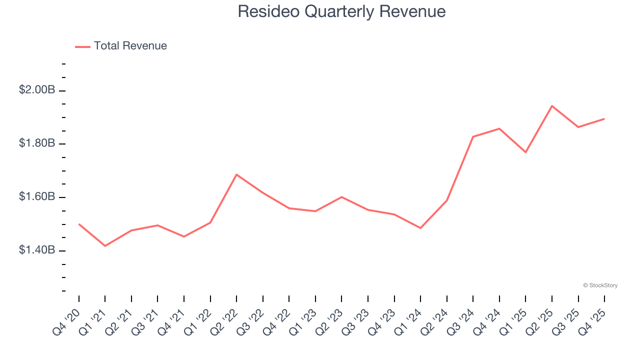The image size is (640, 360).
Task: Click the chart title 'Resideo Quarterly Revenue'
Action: click(x=341, y=11)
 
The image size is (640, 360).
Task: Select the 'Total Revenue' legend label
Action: click(x=130, y=46)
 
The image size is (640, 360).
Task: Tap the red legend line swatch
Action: click(x=82, y=46)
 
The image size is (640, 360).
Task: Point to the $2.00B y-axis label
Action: click(x=36, y=90)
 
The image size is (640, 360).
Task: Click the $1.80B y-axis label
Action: click(x=36, y=144)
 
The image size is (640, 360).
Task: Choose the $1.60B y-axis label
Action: click(x=36, y=197)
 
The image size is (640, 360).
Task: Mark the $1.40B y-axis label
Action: click(x=36, y=250)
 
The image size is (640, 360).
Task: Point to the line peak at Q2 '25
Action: click(x=552, y=106)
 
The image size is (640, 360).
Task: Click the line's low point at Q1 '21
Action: click(x=105, y=246)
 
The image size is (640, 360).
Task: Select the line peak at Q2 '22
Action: click(x=236, y=174)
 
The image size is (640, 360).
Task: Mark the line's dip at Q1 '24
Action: click(x=420, y=228)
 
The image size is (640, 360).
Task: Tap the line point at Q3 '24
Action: click(x=473, y=136)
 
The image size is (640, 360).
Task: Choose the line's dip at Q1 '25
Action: click(x=525, y=152)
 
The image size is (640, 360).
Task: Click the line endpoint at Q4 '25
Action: click(x=604, y=119)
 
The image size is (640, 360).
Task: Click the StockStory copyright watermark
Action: click(x=600, y=285)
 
